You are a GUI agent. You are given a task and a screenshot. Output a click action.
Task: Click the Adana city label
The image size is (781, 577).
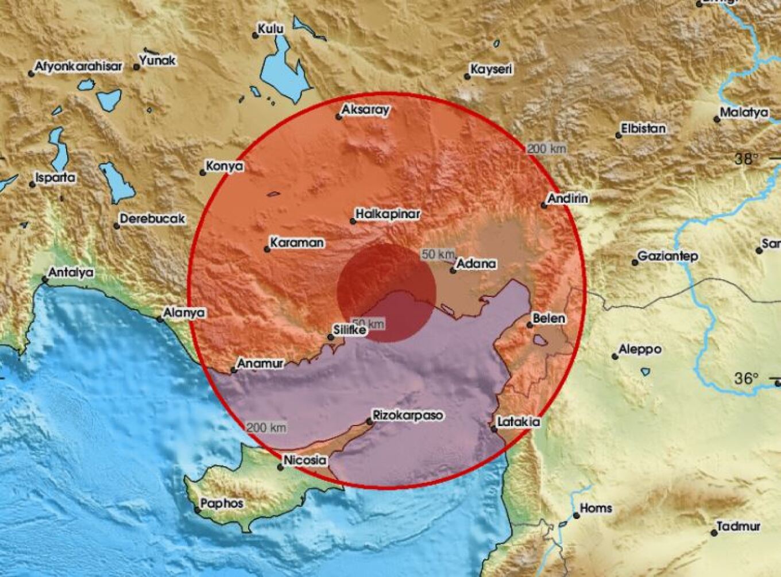(475, 265)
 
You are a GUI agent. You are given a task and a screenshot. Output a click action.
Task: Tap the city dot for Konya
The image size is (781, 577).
(203, 172)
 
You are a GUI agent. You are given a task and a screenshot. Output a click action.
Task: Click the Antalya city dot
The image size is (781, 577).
(45, 280)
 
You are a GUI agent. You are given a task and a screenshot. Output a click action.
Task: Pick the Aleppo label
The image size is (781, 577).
(640, 349)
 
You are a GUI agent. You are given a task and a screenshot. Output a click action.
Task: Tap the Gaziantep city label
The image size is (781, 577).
(668, 256)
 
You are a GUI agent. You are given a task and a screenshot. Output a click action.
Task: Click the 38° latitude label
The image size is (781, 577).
(747, 159)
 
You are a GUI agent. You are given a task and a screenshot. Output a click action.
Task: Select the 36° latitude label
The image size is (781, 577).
(747, 378)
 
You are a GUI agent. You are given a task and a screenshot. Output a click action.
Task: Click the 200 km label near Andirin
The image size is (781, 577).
(547, 149)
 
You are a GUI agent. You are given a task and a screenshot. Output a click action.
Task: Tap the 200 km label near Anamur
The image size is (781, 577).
(266, 428)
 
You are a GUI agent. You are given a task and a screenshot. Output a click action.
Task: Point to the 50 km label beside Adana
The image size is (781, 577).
(438, 254)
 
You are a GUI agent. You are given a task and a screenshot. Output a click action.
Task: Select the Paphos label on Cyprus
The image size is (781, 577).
(225, 504)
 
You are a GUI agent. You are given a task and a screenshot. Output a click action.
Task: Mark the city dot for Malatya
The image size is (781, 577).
(717, 119)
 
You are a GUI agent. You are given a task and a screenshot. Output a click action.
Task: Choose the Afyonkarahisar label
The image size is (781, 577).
(79, 67)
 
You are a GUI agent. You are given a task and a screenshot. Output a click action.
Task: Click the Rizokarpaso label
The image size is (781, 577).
(408, 415)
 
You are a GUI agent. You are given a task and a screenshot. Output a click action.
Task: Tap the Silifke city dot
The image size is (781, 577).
(330, 338)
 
